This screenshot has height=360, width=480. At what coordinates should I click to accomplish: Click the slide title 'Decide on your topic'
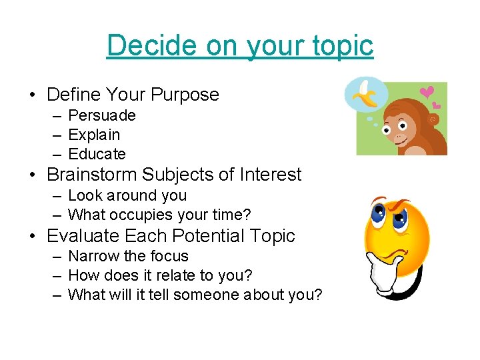click(x=240, y=45)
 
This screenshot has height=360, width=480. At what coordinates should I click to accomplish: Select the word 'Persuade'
click(x=102, y=115)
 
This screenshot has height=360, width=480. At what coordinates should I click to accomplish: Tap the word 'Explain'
click(x=94, y=135)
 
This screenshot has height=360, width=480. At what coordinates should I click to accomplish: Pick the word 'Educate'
click(x=97, y=154)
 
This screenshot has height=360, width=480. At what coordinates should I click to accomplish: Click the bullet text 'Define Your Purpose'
click(x=133, y=95)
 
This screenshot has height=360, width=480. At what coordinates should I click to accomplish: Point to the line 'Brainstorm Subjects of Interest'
click(x=174, y=175)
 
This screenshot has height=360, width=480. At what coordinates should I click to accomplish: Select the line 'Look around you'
click(x=127, y=195)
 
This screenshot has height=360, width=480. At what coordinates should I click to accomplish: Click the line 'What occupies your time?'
click(x=159, y=215)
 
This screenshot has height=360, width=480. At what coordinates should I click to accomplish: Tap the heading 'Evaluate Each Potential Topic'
click(x=171, y=236)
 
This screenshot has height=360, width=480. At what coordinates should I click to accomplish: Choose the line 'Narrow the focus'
click(x=128, y=256)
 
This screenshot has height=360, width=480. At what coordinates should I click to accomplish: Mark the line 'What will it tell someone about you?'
click(x=195, y=295)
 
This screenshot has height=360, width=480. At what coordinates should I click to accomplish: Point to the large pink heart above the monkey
click(x=427, y=92)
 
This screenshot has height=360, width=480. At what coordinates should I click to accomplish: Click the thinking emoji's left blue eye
click(x=377, y=215)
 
